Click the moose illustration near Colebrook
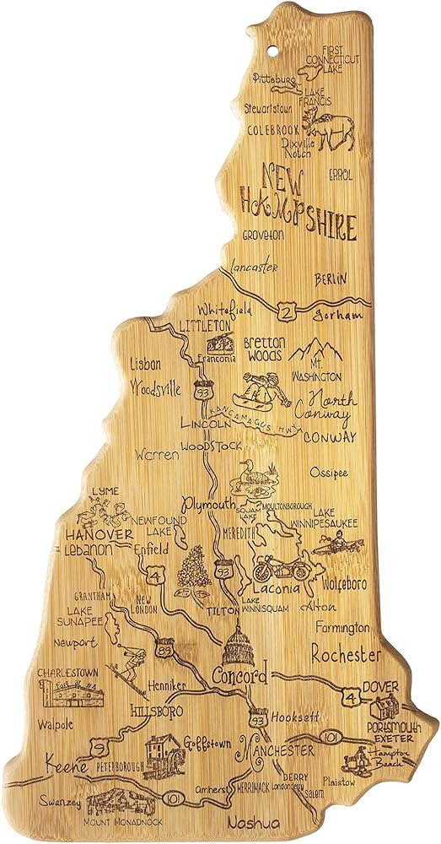335,128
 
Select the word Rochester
347,654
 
